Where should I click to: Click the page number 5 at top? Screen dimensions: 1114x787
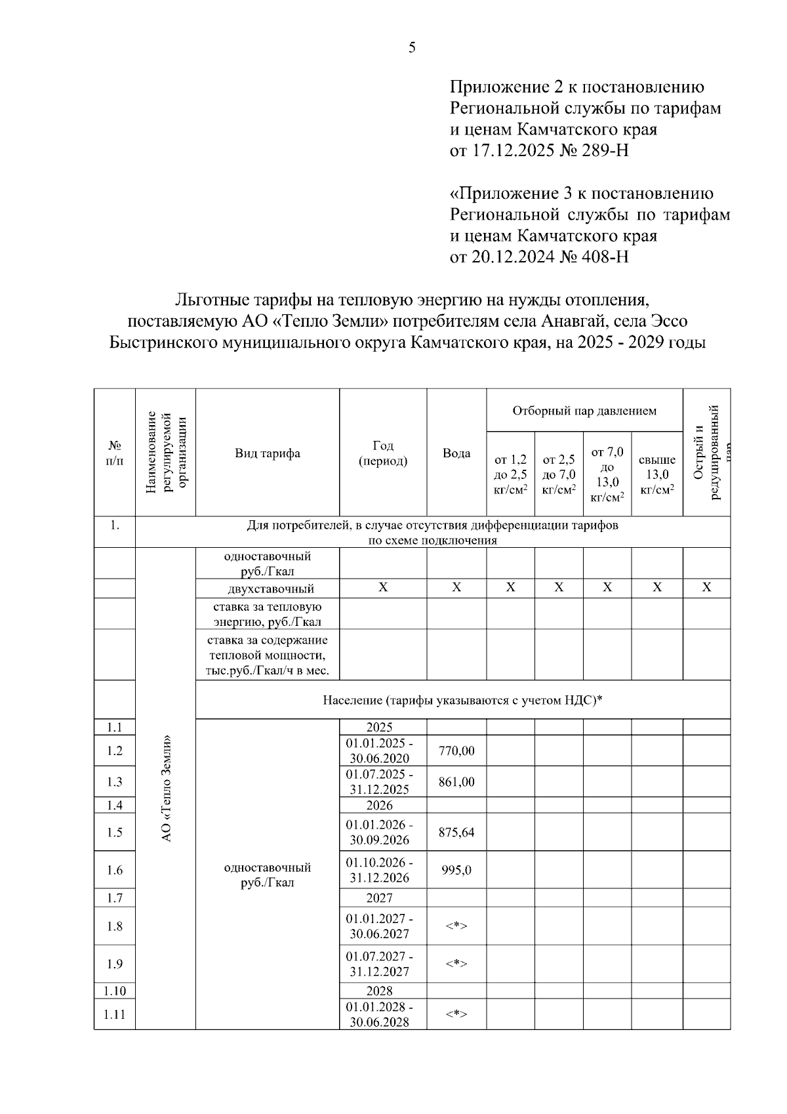tap(412, 47)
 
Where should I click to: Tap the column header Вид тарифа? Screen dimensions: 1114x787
tap(268, 453)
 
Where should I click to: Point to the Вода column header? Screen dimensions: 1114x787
tap(456, 453)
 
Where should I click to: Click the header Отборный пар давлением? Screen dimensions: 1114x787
tap(584, 411)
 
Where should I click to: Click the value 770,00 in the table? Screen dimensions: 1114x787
tap(456, 751)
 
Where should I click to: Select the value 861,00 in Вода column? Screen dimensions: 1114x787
tap(456, 782)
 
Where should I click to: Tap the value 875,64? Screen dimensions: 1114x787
tap(456, 833)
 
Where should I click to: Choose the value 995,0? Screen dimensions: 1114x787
tap(456, 870)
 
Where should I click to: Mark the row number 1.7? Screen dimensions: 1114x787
tap(115, 897)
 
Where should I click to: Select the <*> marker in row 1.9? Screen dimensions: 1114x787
tap(456, 964)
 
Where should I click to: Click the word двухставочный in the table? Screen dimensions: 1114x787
tap(267, 588)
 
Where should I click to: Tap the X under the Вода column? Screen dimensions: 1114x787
tap(456, 588)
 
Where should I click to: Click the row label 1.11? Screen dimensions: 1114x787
tap(115, 1014)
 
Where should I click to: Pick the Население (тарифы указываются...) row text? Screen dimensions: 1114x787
tap(462, 700)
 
